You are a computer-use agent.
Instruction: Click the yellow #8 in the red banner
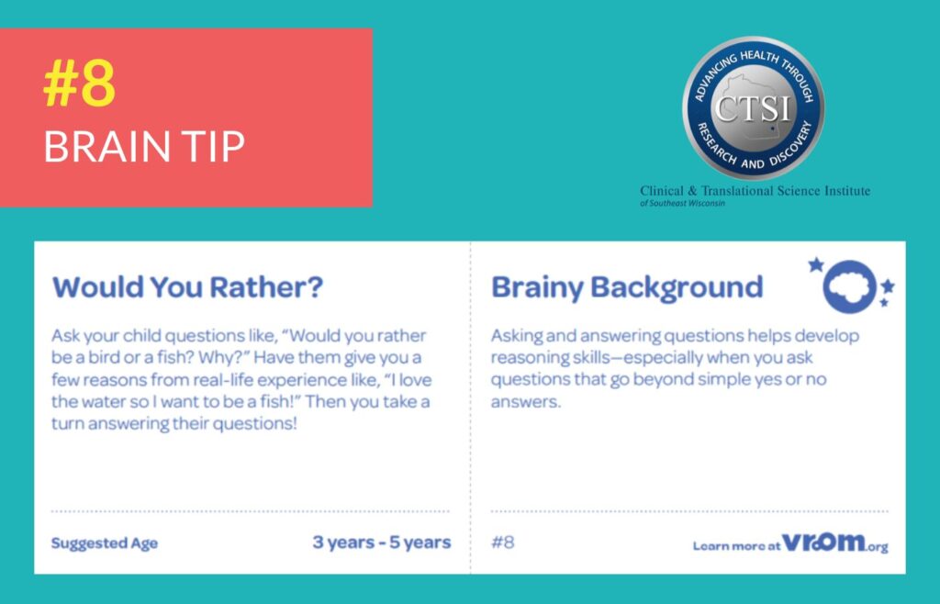coord(79,84)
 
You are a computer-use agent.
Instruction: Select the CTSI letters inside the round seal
coord(753,109)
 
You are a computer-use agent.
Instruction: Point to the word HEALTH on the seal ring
coord(759,57)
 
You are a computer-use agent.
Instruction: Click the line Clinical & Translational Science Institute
coord(755,191)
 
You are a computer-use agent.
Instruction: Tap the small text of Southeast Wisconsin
coord(682,203)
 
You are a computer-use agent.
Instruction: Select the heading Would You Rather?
coord(187,287)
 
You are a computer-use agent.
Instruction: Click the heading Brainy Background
coord(627,287)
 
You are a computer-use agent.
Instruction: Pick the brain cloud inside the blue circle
coord(848,285)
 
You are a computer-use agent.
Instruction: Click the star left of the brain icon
coord(815,264)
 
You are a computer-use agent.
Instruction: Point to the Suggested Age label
coord(105,543)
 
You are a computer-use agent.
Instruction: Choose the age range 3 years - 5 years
coord(382,542)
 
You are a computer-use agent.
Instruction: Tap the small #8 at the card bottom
coord(502,542)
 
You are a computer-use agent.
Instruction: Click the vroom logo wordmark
coord(835,542)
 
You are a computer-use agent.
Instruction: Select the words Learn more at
coord(737,546)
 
